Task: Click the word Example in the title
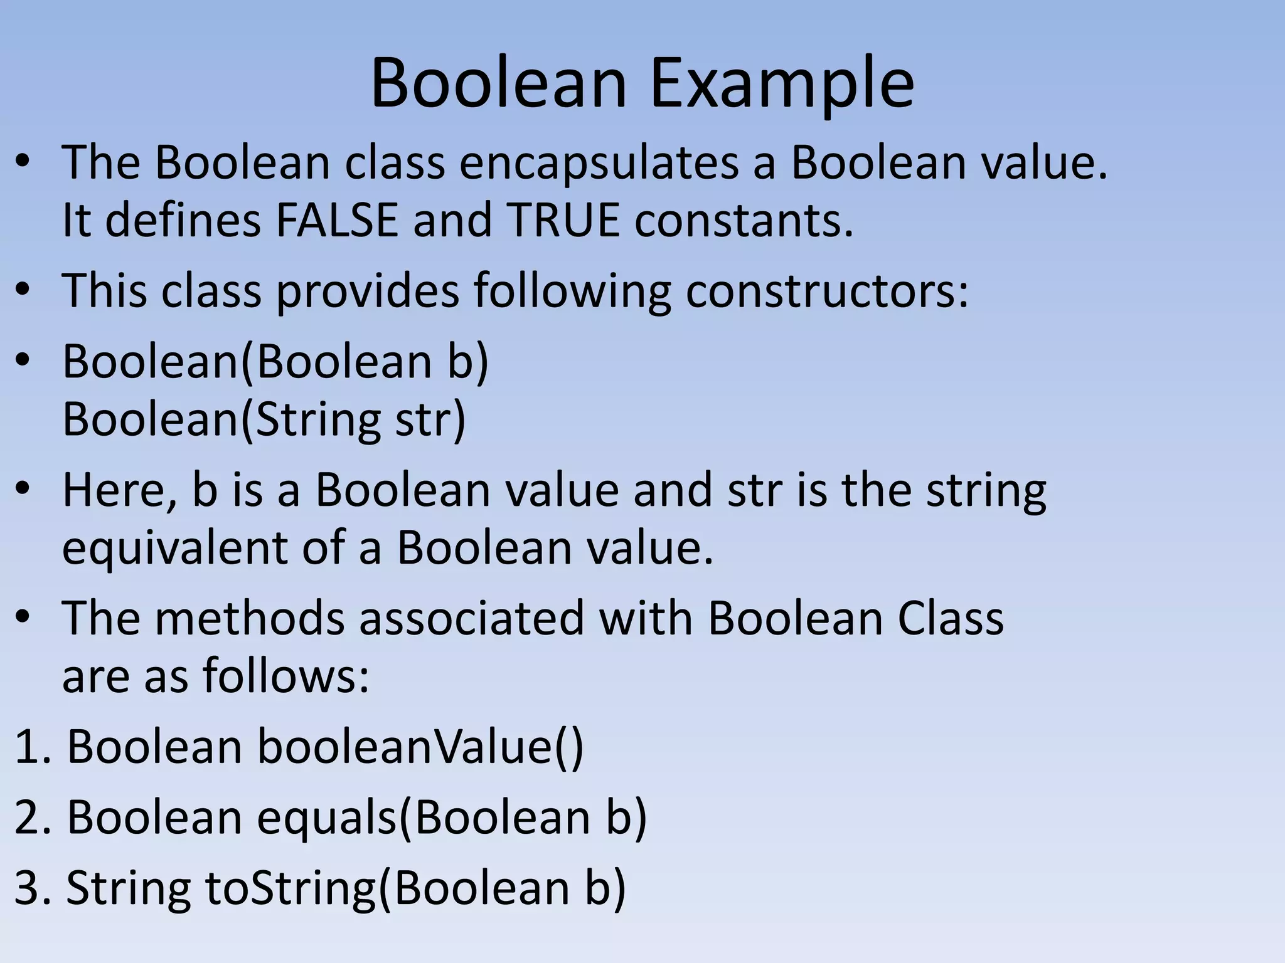pos(782,84)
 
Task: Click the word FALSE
pos(337,220)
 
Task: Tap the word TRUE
pos(563,220)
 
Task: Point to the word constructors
pos(826,291)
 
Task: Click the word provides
pos(368,291)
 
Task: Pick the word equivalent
pos(174,547)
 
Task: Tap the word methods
pos(249,618)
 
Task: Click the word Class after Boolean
pos(950,618)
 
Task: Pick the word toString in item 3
pos(290,888)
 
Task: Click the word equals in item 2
pos(327,818)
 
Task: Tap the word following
pos(572,291)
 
